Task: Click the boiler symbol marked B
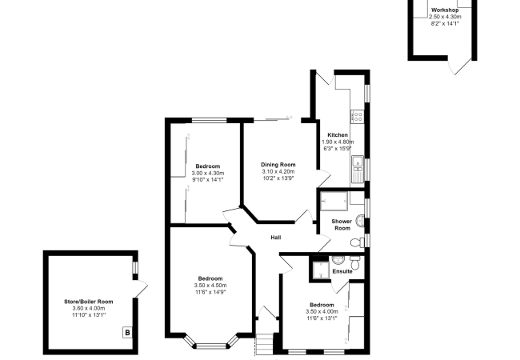127,332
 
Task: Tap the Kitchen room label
338,135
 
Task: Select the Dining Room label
278,165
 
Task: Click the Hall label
276,238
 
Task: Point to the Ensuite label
342,271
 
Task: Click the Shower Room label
342,225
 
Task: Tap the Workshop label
445,10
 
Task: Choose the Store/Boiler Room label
89,302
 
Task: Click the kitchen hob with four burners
358,116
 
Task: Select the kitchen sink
358,169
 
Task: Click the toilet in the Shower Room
356,242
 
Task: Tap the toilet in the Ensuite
355,263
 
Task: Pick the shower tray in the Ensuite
321,270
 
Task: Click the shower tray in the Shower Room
334,201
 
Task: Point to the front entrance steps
265,345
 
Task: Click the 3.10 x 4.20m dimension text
278,172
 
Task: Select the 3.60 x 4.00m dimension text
89,308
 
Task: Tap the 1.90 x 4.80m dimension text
338,142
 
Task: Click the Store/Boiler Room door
141,289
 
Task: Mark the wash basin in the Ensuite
338,259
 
